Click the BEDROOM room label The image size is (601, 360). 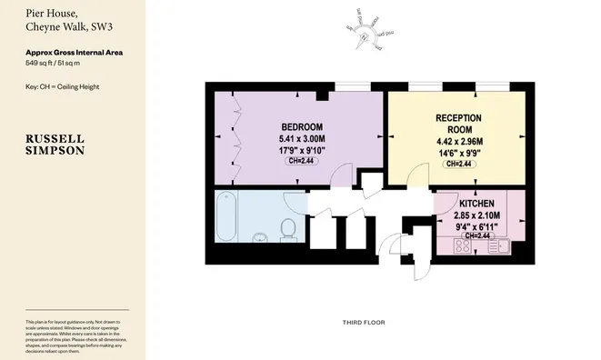[300, 126]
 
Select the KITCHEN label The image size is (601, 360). [476, 203]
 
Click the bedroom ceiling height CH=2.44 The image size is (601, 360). [300, 161]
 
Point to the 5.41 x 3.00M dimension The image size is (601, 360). [300, 138]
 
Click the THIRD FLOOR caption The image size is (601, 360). [364, 323]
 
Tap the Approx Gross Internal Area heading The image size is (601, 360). [75, 53]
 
